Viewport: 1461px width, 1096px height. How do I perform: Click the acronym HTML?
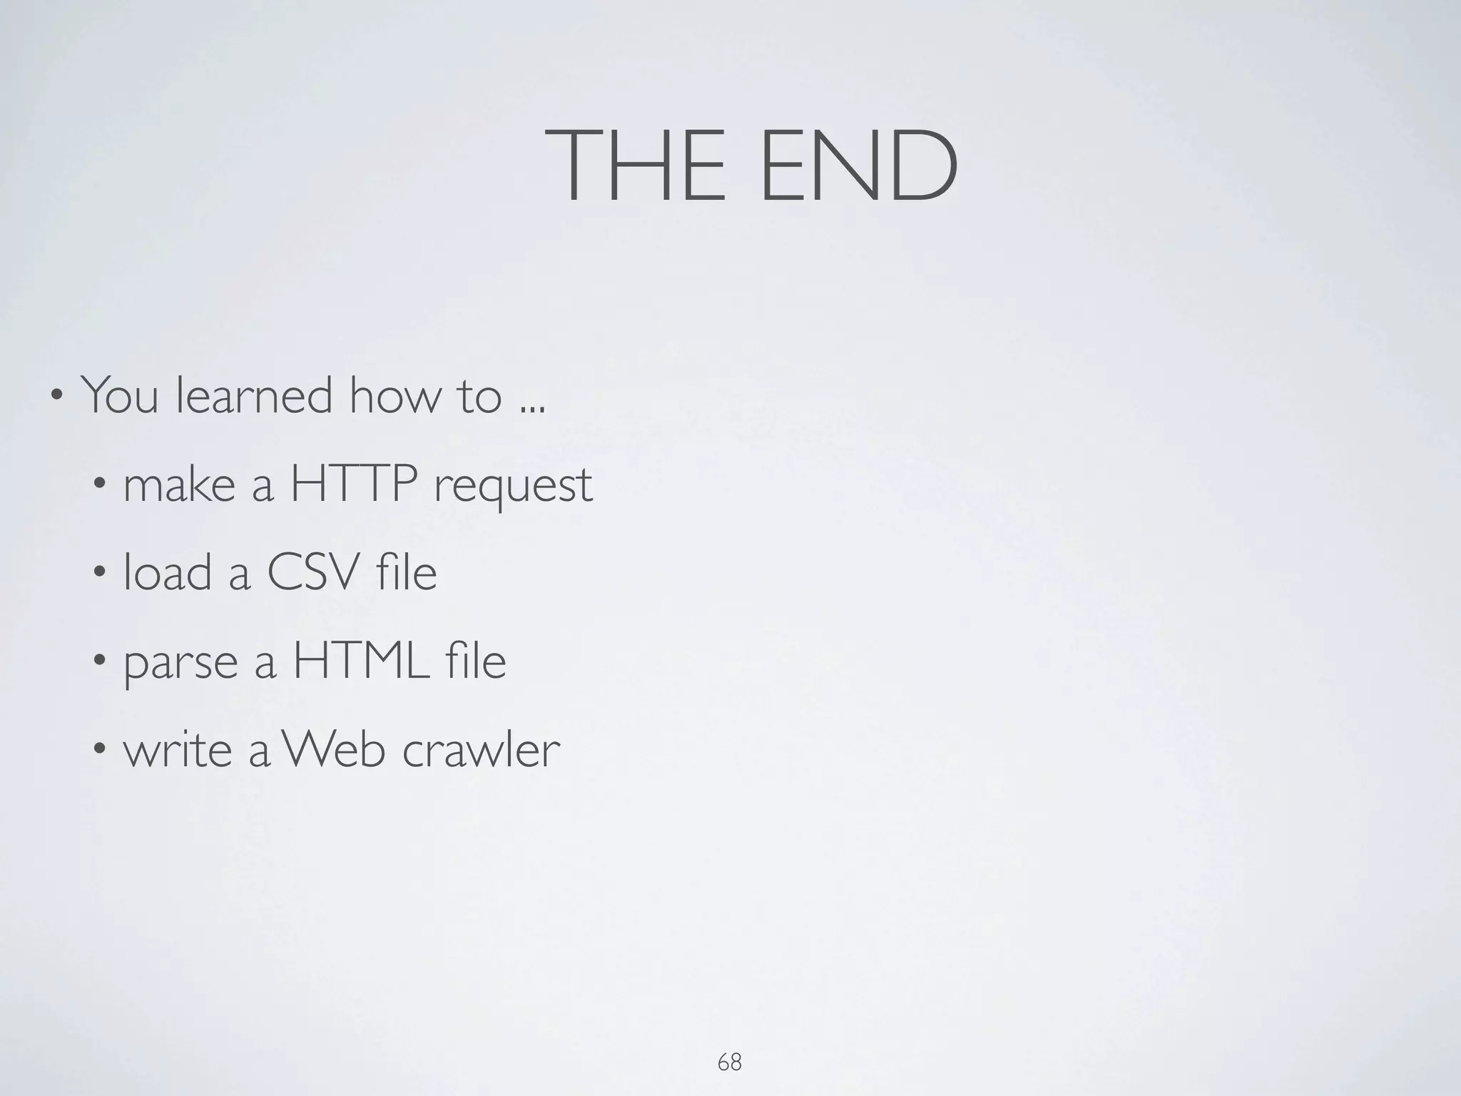point(361,661)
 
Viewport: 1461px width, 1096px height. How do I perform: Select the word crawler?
point(482,749)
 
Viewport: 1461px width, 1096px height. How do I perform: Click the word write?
point(178,749)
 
